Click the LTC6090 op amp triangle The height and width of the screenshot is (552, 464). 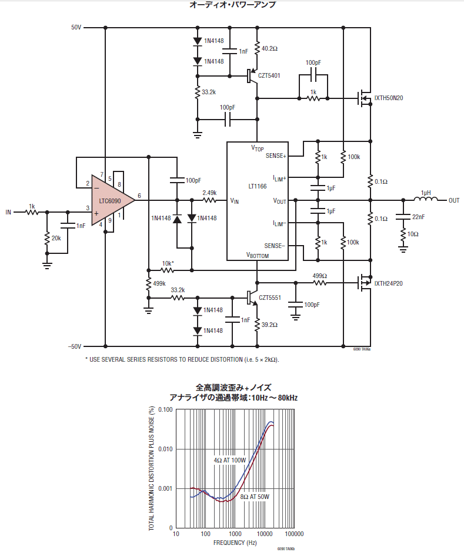pyautogui.click(x=109, y=201)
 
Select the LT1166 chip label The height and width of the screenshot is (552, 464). pyautogui.click(x=258, y=186)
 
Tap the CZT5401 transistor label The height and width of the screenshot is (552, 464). pyautogui.click(x=269, y=76)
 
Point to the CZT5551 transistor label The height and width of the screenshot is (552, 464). pyautogui.click(x=269, y=298)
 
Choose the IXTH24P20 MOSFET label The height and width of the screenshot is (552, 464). pyautogui.click(x=389, y=283)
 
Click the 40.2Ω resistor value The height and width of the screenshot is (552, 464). pyautogui.click(x=269, y=48)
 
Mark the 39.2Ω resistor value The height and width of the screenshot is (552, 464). pyautogui.click(x=269, y=325)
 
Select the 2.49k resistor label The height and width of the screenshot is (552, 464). pyautogui.click(x=209, y=193)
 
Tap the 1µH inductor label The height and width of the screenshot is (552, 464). pyautogui.click(x=426, y=193)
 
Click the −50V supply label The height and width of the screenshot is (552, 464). pyautogui.click(x=74, y=346)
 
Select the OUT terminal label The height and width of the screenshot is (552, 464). pyautogui.click(x=454, y=201)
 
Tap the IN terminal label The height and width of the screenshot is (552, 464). pyautogui.click(x=8, y=212)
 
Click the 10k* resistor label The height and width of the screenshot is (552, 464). pyautogui.click(x=168, y=263)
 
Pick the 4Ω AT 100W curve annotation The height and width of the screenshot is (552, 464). pyautogui.click(x=230, y=460)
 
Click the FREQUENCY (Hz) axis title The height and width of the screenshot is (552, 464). pyautogui.click(x=235, y=542)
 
